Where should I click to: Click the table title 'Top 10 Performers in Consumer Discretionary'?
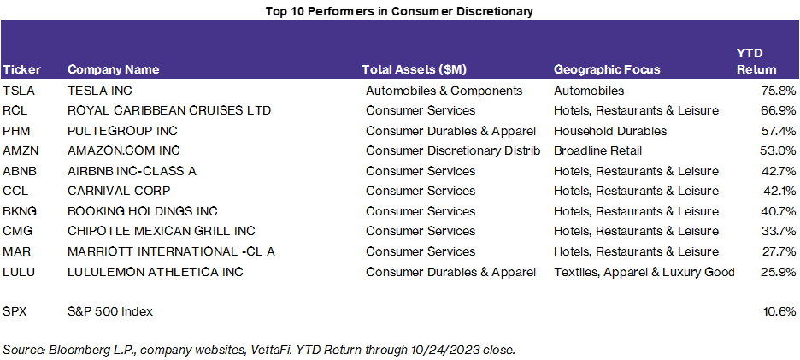pos(400,10)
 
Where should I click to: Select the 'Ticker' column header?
pos(21,69)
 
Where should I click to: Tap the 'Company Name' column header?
pos(114,69)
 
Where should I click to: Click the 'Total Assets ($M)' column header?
pos(415,69)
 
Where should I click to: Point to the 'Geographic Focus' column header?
pos(607,69)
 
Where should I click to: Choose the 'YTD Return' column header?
pos(756,61)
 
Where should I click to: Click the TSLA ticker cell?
pos(19,91)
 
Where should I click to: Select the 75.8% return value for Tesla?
pos(779,91)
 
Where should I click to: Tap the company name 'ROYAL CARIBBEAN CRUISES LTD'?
pos(169,110)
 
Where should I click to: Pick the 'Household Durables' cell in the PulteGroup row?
pos(610,131)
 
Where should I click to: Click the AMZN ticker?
pos(21,150)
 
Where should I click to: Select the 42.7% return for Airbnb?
pos(779,171)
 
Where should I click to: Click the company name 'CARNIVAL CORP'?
pos(119,191)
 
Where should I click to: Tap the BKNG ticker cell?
pos(21,211)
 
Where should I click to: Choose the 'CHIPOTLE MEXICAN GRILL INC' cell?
pos(162,231)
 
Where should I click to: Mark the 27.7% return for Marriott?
pos(779,251)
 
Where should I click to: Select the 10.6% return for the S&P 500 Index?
pos(779,311)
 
